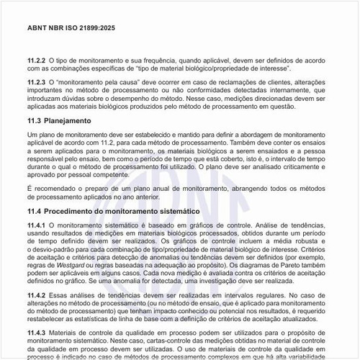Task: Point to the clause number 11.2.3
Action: pos(36,83)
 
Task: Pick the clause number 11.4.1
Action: pos(36,225)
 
